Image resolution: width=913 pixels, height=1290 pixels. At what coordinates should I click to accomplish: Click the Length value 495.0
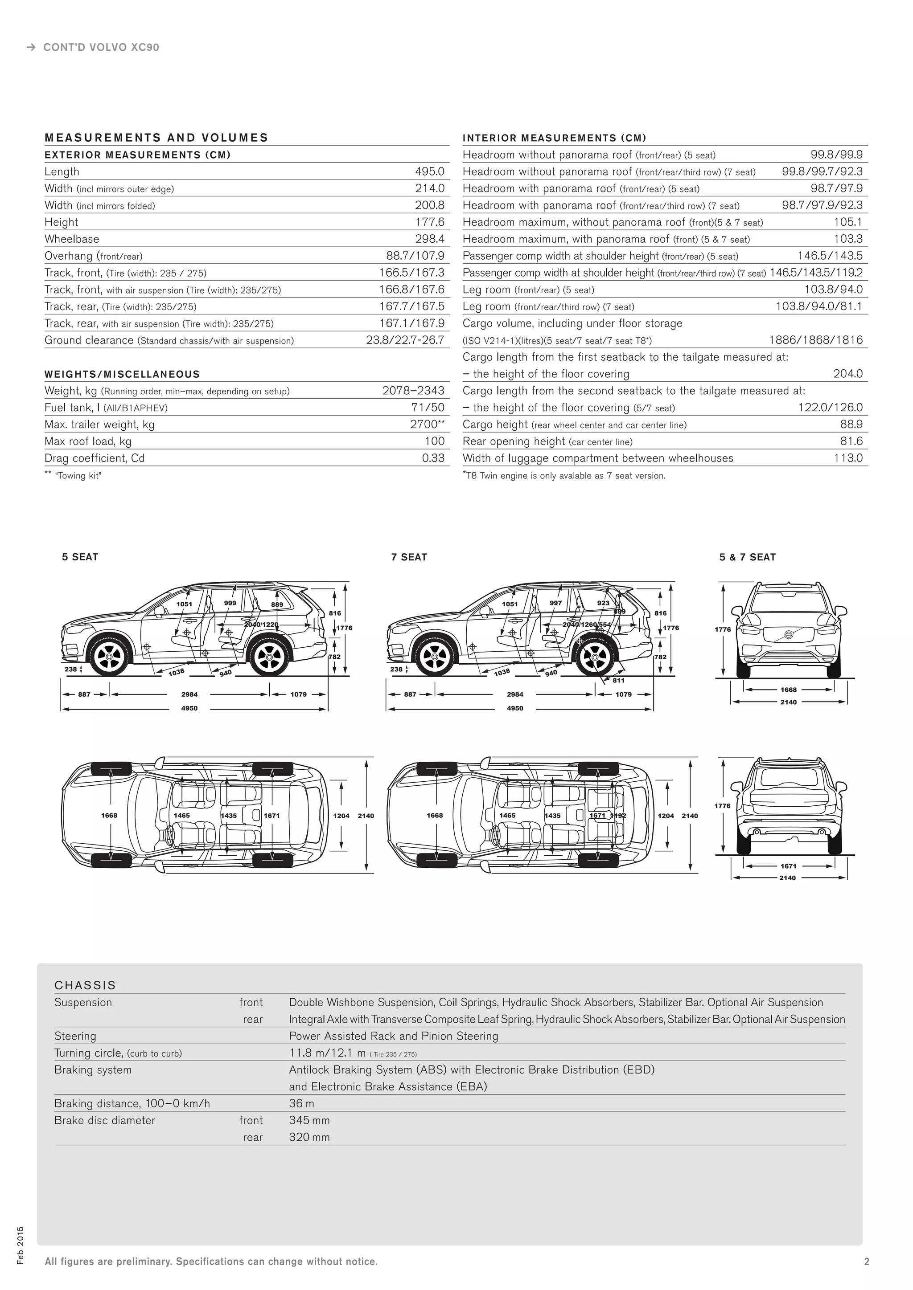429,171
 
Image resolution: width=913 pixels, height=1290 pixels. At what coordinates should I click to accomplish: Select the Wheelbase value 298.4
429,239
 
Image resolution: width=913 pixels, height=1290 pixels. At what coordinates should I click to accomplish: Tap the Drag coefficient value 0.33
433,458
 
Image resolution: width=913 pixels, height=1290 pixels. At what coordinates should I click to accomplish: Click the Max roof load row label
88,441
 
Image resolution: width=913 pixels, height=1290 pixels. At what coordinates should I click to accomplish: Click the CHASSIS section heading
85,985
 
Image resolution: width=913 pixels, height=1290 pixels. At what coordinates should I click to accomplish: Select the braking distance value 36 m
301,1103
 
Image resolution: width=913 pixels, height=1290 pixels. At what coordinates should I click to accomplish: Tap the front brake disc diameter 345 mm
309,1120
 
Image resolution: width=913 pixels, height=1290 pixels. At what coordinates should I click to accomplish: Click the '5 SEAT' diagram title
80,557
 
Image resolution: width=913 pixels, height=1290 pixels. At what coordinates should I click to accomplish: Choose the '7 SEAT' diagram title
409,557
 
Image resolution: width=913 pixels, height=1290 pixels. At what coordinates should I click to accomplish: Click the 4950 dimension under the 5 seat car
189,708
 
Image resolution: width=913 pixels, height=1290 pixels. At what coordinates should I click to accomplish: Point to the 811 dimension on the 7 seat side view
618,680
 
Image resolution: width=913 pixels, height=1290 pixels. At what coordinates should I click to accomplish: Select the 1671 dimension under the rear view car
788,866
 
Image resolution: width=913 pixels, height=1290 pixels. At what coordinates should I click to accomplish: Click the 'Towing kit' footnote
78,476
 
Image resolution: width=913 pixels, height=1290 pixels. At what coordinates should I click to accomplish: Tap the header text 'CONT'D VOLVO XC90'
101,47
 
